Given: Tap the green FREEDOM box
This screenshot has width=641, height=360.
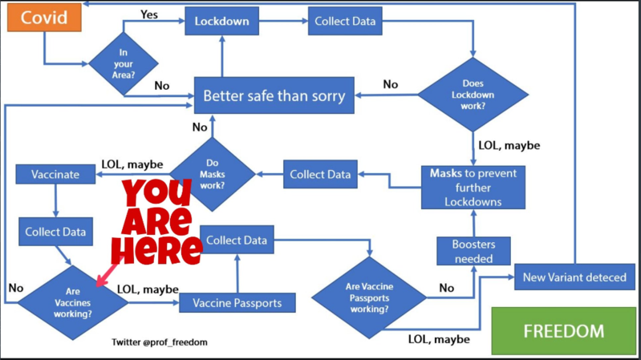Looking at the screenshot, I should (x=565, y=330).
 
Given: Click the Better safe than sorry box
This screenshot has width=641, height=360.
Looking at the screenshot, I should (x=274, y=96).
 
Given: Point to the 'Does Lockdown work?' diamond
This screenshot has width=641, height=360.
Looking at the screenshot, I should (x=473, y=94).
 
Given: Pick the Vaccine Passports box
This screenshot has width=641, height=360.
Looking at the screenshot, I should (x=236, y=303).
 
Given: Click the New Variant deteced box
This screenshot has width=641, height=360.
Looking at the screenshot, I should (x=576, y=277).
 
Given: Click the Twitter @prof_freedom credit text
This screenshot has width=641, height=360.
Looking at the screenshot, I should (x=160, y=342).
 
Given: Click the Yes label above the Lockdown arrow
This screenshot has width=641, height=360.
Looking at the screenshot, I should (x=148, y=14).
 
